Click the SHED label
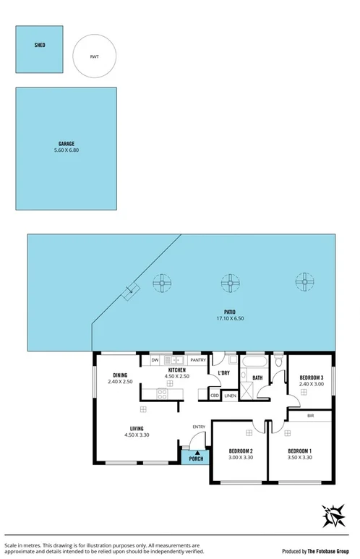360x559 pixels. click(x=40, y=45)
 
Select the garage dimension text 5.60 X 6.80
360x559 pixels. click(x=67, y=150)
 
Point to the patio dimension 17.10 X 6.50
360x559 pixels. click(x=230, y=319)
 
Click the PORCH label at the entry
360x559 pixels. click(x=196, y=458)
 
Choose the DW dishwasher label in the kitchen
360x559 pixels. click(x=155, y=360)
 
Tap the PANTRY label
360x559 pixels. click(x=197, y=360)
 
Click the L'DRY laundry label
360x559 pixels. click(x=223, y=372)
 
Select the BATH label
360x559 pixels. click(x=257, y=377)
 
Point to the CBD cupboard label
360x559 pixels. click(x=215, y=396)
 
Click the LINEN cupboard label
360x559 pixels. click(x=230, y=396)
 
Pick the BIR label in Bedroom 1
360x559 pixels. click(x=310, y=416)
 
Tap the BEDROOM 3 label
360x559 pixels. click(x=312, y=377)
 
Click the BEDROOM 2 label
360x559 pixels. click(x=239, y=451)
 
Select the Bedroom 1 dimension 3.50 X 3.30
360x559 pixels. click(x=299, y=457)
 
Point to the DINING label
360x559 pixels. click(x=120, y=375)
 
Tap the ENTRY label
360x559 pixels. click(x=199, y=427)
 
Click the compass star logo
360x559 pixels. click(x=335, y=516)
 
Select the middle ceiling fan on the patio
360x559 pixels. click(x=230, y=282)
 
